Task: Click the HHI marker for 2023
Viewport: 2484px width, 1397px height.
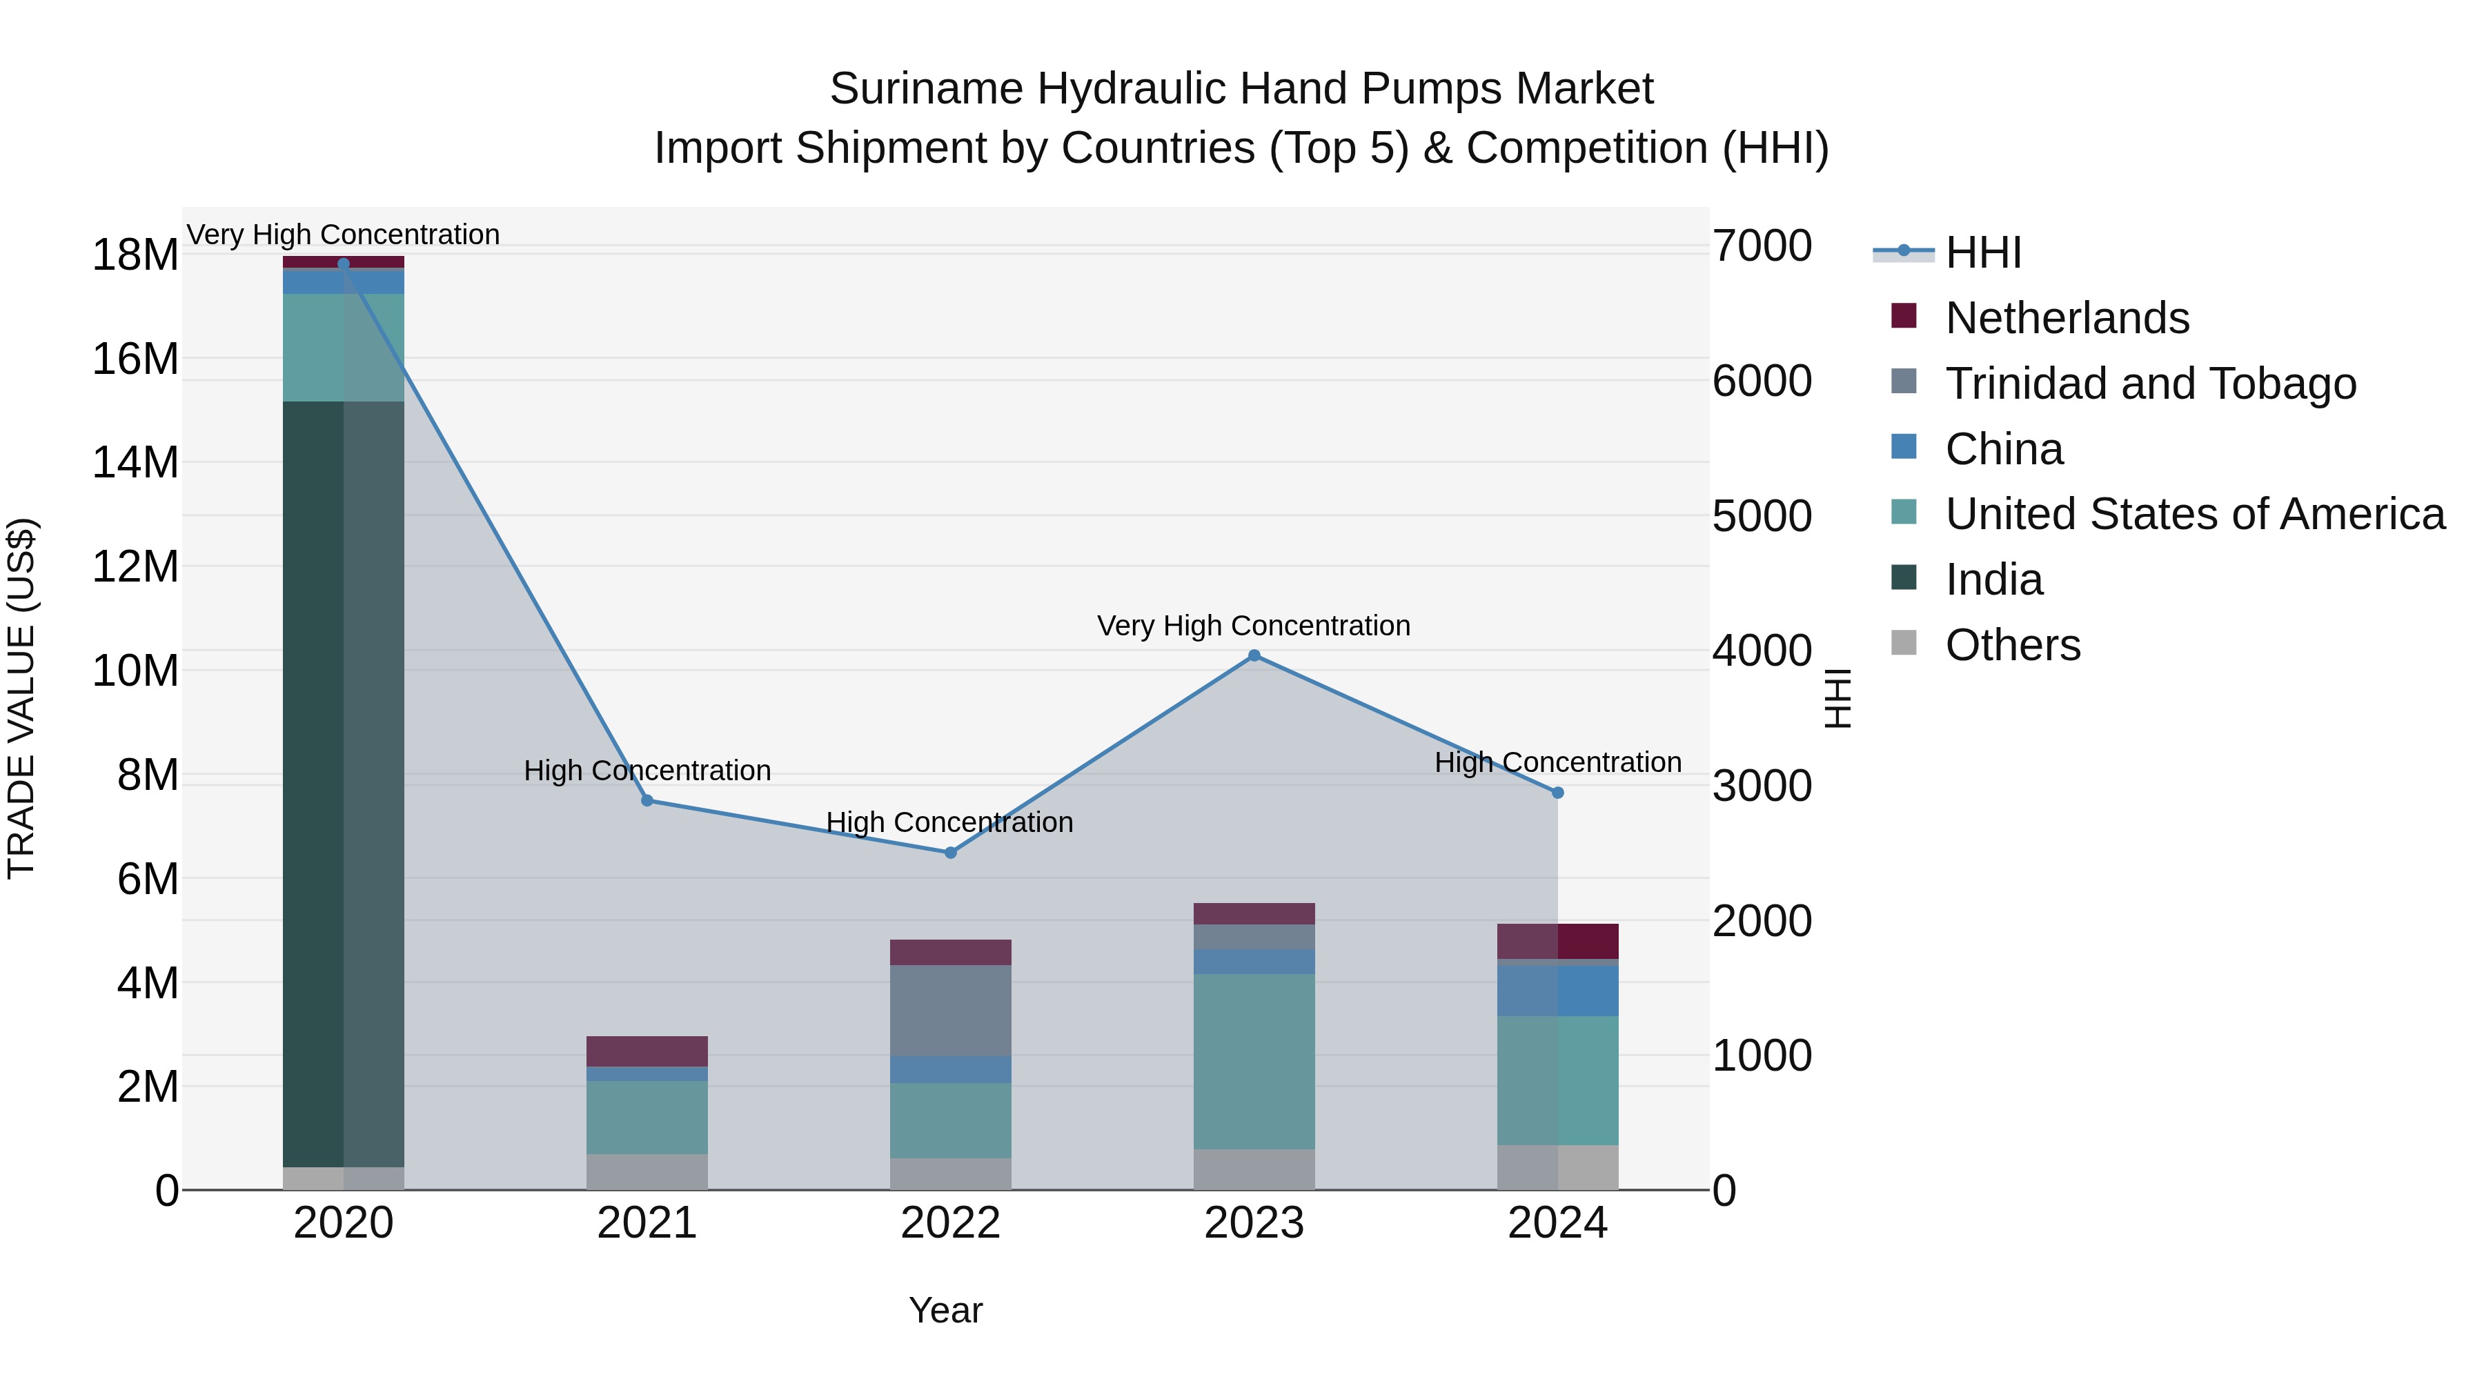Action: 1254,655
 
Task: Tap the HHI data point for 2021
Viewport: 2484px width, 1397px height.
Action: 647,800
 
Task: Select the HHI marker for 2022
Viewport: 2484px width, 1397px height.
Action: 950,852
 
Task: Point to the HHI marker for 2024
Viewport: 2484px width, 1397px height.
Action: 1557,793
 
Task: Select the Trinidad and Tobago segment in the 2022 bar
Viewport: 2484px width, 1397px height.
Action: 950,1011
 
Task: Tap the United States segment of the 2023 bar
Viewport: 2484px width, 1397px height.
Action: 1254,1060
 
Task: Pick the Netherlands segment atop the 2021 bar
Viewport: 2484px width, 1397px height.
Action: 647,1051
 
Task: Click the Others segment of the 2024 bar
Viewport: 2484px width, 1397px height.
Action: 1557,1167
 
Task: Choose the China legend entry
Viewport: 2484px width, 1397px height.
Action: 2004,449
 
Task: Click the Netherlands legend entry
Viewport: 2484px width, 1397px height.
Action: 2067,318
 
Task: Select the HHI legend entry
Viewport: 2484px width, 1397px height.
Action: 1982,252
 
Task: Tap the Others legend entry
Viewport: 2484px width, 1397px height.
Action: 2013,645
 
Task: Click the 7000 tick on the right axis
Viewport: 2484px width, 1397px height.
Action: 1762,246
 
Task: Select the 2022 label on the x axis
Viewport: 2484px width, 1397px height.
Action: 950,1223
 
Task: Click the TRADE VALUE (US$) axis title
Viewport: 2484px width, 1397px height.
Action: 21,698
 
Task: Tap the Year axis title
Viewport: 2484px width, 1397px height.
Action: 945,1310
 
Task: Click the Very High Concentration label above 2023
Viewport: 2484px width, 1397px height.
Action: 1254,626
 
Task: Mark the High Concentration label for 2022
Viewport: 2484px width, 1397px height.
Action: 950,822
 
